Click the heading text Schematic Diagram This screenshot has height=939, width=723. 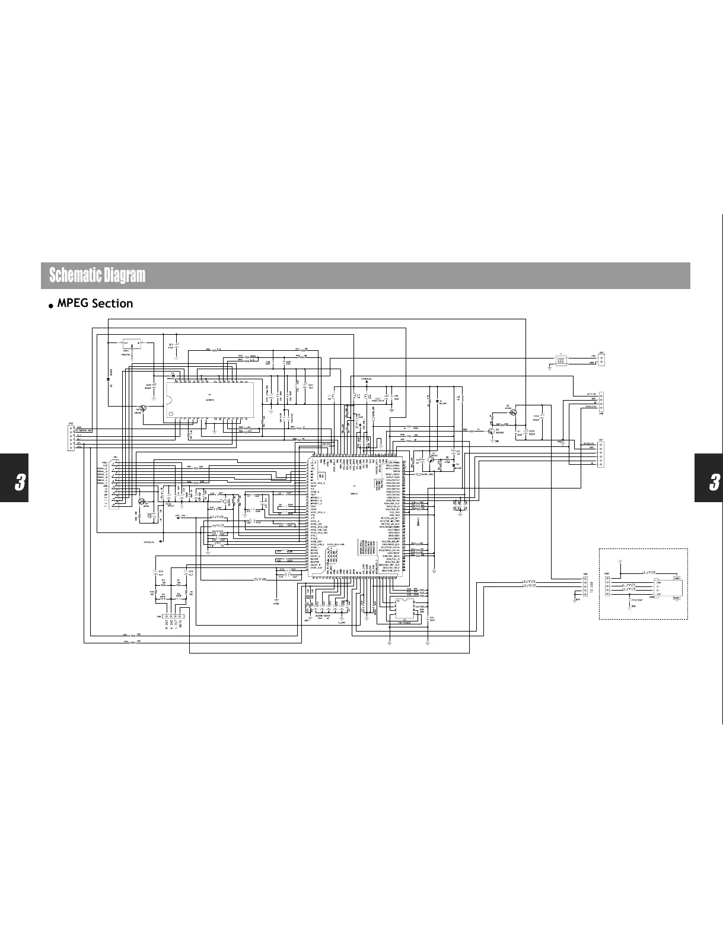[x=97, y=275]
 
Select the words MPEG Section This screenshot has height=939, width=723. [x=95, y=303]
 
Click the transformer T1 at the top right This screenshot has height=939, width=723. [x=560, y=360]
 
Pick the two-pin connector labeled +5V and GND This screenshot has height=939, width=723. [x=601, y=360]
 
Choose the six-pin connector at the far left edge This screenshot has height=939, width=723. [x=71, y=438]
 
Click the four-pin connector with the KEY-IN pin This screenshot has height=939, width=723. [x=601, y=401]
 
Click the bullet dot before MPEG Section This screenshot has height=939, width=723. [x=52, y=305]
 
